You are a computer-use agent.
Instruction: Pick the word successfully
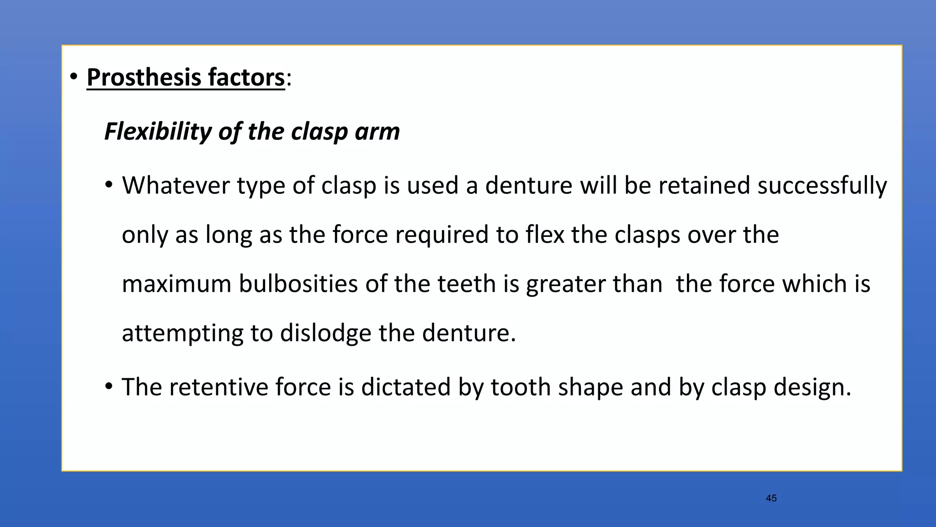[822, 186]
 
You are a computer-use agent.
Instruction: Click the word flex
[545, 235]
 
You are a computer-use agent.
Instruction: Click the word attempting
[182, 333]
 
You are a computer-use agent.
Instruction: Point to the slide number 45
[771, 498]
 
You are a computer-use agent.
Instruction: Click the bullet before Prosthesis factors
[74, 77]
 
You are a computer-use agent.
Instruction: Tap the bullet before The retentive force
[109, 387]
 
